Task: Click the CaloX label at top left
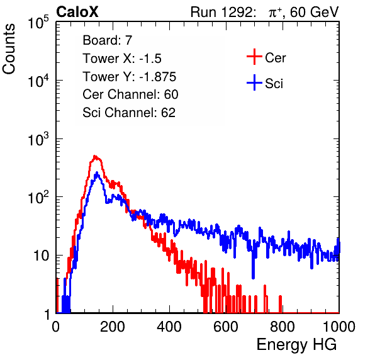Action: point(77,12)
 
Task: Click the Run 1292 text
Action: point(221,12)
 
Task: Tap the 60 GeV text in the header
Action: point(315,12)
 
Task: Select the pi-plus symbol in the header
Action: point(275,13)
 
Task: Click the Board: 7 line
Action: point(108,40)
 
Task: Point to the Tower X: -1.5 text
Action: point(122,59)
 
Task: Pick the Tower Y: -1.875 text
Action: point(130,77)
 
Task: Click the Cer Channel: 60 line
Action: point(130,94)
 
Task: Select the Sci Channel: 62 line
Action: point(129,113)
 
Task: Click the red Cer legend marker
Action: point(254,57)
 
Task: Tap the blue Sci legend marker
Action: point(254,83)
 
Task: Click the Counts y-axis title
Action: point(9,48)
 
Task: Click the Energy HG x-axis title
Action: point(297,344)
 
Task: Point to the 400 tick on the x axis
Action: point(169,326)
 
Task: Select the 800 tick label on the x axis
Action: point(283,326)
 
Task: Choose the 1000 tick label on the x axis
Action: point(339,326)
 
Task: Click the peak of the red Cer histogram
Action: point(95,156)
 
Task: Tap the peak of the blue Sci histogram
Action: point(97,172)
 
